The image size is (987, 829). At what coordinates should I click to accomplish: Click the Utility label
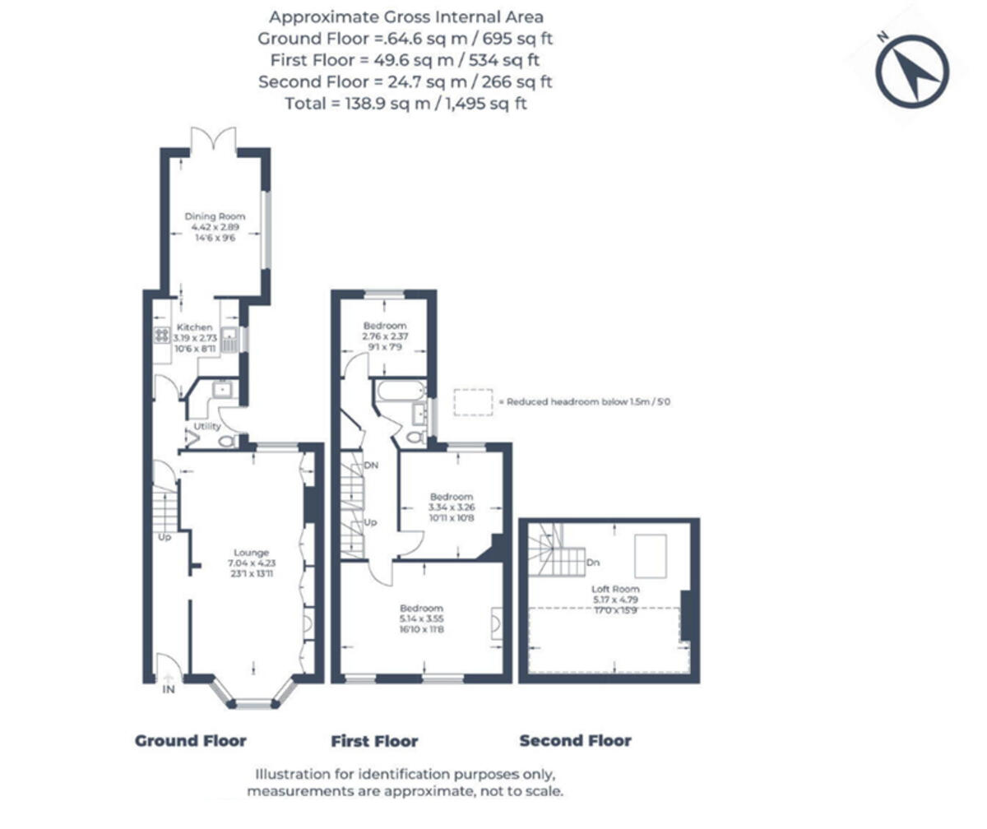[206, 427]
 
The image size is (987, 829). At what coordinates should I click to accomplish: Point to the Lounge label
[251, 553]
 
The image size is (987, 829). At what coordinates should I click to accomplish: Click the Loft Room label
[615, 590]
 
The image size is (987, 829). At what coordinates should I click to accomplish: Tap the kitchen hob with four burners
[162, 336]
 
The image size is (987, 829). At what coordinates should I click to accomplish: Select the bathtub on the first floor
[398, 391]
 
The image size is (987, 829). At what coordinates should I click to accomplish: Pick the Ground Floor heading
[190, 741]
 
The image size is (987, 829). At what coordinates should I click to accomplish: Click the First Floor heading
[374, 741]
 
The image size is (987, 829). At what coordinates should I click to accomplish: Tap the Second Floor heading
[575, 741]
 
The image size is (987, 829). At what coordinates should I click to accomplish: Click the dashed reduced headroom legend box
[473, 402]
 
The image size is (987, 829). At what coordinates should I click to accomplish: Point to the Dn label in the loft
[594, 563]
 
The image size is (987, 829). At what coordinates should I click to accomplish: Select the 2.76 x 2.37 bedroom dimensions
[386, 337]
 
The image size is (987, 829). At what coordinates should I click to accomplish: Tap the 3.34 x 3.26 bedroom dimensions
[452, 508]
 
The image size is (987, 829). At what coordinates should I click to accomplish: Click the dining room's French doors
[214, 141]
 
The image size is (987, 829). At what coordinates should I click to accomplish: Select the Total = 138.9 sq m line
[405, 104]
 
